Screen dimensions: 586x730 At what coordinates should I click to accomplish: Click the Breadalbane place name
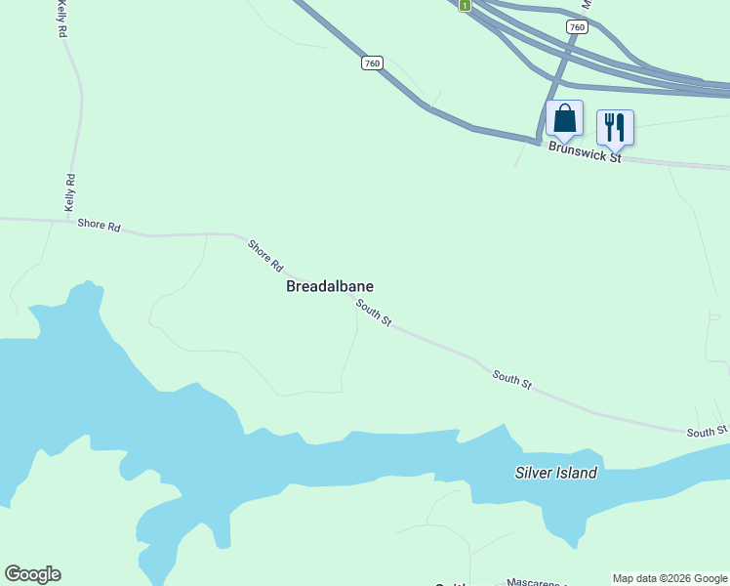[x=329, y=286]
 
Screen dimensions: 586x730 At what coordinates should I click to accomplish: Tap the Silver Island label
[x=555, y=473]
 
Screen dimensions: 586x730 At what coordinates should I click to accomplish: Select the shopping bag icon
[x=564, y=119]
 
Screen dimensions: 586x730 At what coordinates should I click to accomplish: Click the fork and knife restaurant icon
[x=615, y=127]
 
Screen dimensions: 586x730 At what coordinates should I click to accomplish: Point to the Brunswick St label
[x=585, y=152]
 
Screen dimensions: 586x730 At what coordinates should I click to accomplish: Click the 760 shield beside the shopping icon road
[x=577, y=27]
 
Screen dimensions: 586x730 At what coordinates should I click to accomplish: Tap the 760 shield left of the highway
[x=371, y=63]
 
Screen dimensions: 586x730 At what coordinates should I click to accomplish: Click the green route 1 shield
[x=466, y=5]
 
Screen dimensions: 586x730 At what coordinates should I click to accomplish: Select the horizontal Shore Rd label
[x=99, y=226]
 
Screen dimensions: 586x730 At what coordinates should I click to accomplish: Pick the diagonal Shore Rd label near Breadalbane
[x=264, y=256]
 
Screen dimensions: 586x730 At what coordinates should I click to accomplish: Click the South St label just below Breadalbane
[x=373, y=314]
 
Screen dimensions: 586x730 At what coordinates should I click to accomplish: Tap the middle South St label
[x=511, y=379]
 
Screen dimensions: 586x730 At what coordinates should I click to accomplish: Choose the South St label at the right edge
[x=707, y=431]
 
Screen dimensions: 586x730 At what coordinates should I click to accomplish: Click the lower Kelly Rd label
[x=69, y=192]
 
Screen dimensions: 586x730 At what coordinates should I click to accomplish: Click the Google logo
[x=32, y=574]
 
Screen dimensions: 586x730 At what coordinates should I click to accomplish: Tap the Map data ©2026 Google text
[x=670, y=578]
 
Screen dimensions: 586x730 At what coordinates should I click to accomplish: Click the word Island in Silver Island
[x=576, y=473]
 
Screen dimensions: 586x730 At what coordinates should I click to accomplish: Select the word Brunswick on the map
[x=576, y=150]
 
